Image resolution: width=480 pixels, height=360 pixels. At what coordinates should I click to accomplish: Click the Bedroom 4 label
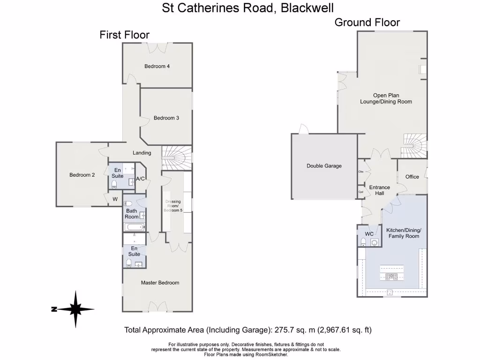[157, 67]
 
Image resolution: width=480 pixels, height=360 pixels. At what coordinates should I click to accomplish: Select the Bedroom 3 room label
[166, 118]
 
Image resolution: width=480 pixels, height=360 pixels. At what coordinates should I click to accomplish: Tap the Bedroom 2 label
[82, 175]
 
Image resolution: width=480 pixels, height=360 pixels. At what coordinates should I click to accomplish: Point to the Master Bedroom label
[160, 283]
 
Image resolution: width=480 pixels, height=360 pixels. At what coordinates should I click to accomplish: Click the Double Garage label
[324, 166]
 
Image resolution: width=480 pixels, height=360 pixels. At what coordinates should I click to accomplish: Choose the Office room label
[412, 177]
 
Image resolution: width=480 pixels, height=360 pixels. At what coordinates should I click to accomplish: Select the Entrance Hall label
[379, 190]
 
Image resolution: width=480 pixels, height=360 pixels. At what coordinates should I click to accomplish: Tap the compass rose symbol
[75, 309]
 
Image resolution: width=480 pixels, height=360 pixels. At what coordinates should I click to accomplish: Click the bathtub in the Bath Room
[135, 227]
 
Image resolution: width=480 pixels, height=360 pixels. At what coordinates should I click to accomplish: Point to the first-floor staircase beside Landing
[176, 157]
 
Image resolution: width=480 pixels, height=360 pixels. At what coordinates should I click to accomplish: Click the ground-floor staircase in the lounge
[415, 145]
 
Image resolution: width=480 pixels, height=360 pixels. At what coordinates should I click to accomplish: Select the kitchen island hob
[390, 277]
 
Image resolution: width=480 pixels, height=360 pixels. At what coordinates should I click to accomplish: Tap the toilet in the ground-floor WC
[364, 242]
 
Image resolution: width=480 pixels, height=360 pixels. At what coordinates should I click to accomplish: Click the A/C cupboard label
[140, 179]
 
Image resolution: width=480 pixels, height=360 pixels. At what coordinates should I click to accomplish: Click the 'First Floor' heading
[124, 35]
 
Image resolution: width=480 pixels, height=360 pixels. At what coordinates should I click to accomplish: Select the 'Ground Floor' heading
[367, 22]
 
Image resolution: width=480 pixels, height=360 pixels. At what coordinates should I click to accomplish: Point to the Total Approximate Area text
[247, 330]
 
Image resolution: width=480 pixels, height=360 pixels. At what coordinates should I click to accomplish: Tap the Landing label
[142, 153]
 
